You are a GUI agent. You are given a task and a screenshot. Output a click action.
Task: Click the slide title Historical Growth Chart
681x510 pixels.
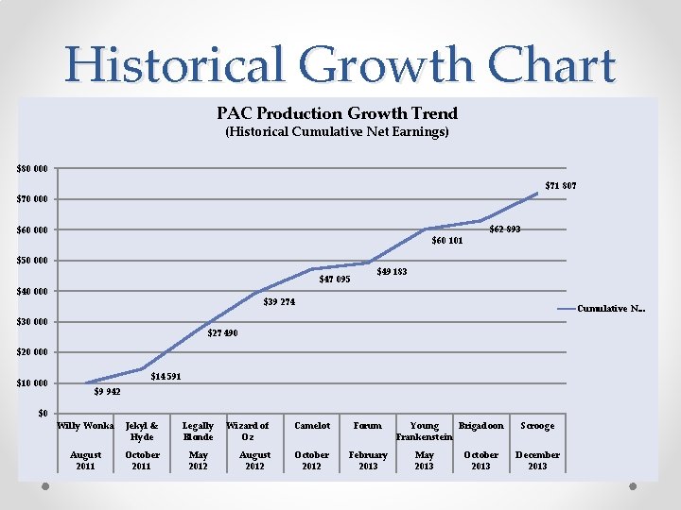click(340, 64)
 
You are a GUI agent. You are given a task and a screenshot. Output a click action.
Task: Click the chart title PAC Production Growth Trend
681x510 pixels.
click(337, 113)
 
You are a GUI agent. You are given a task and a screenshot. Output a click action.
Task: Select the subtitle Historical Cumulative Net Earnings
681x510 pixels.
click(337, 132)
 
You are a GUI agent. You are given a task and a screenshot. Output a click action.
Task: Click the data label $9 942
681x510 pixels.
click(106, 391)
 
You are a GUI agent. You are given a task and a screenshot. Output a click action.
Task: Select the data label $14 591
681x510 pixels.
click(166, 377)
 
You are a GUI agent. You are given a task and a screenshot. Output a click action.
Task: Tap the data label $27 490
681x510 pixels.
click(222, 333)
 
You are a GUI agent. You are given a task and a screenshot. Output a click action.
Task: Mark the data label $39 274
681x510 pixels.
click(279, 302)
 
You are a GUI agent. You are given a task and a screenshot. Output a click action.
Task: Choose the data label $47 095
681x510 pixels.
click(335, 280)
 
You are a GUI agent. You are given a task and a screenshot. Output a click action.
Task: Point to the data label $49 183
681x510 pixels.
click(392, 272)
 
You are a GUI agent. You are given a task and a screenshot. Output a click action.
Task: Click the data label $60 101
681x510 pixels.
click(447, 241)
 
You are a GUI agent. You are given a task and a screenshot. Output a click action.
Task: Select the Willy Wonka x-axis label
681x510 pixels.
click(85, 426)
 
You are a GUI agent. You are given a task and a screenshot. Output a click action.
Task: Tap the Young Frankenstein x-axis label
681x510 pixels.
click(425, 432)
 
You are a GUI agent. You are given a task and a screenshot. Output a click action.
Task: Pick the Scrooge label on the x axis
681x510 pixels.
click(537, 426)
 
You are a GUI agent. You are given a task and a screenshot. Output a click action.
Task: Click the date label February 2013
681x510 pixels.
click(368, 460)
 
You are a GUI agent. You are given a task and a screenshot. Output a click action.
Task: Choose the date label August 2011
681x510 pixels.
click(85, 460)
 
